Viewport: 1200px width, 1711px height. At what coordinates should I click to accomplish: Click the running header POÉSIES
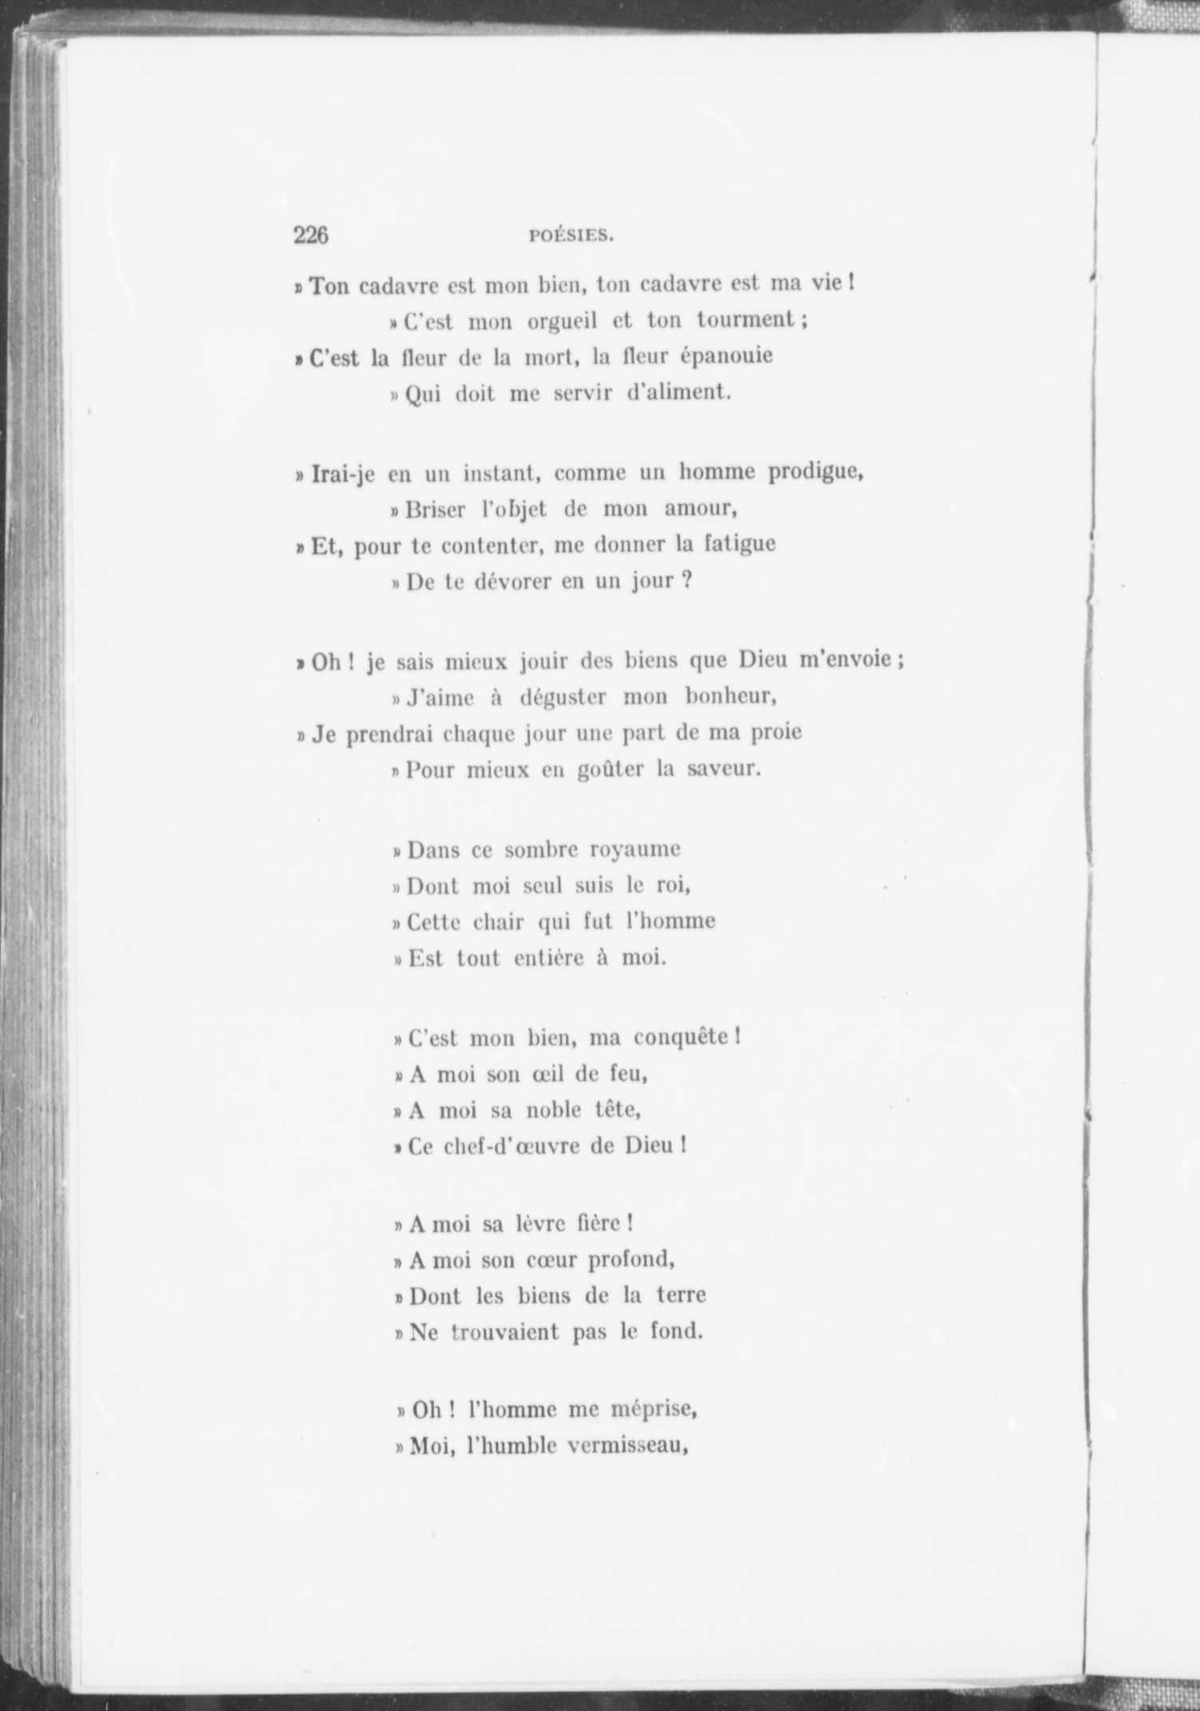(570, 236)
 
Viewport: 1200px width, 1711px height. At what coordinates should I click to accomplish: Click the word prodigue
(816, 473)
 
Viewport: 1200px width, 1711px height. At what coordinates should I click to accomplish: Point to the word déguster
(563, 698)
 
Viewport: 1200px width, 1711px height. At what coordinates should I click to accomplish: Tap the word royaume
(634, 850)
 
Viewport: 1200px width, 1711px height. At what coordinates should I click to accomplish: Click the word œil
(546, 1074)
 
